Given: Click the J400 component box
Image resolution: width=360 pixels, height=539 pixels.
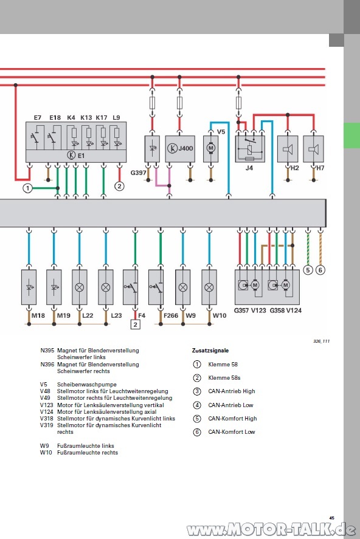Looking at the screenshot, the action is click(180, 148).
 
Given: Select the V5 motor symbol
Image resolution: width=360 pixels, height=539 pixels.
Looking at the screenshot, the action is click(211, 148).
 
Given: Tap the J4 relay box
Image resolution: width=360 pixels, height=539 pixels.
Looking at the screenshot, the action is click(250, 148).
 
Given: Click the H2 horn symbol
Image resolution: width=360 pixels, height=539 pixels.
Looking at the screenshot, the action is click(288, 149).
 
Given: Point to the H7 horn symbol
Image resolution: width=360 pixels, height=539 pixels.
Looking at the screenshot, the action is click(313, 149).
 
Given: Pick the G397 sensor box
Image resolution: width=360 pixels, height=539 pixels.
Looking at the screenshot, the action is click(152, 148).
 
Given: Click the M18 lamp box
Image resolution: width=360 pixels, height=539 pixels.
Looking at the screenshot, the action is click(29, 287).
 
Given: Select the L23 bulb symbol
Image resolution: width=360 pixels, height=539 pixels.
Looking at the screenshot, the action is click(106, 287).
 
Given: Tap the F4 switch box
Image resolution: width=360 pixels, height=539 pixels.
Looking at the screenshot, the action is click(131, 287).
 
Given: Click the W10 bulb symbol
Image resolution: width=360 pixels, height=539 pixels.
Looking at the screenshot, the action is click(209, 287).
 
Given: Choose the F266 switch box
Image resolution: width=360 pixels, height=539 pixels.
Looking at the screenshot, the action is click(156, 287).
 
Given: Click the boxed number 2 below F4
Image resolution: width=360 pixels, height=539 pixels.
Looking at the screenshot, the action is click(135, 324).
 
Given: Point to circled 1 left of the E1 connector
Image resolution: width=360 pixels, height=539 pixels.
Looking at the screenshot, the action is click(27, 188).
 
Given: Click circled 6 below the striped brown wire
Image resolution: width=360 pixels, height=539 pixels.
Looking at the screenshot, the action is click(320, 270).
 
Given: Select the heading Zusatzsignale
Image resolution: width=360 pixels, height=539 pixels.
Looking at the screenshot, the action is click(210, 351).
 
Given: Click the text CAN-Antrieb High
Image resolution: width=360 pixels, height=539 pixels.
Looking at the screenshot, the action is click(232, 391).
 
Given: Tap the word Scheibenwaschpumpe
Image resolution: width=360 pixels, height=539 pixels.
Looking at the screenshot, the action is click(86, 384).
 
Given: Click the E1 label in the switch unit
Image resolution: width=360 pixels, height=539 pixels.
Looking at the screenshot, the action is click(81, 156).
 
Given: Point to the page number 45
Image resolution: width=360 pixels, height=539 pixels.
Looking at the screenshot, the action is click(331, 518).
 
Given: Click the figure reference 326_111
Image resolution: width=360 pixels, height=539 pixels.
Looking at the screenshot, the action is click(321, 342).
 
